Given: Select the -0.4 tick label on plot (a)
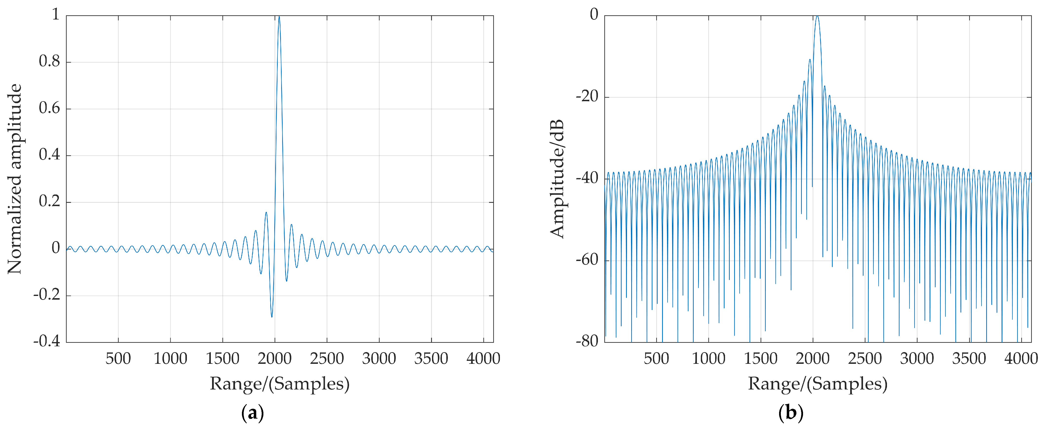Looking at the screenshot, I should [x=47, y=341].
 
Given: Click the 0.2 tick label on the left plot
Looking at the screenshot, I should [x=49, y=201].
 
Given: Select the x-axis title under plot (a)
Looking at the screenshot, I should [x=279, y=383].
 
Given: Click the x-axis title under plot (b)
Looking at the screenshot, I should [x=818, y=383].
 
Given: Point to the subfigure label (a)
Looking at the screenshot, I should [x=252, y=413].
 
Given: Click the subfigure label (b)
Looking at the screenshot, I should [x=790, y=413].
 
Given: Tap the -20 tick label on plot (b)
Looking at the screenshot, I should [x=587, y=97].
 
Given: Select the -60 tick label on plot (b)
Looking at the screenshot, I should [x=587, y=260].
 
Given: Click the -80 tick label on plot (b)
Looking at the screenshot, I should [x=587, y=341].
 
